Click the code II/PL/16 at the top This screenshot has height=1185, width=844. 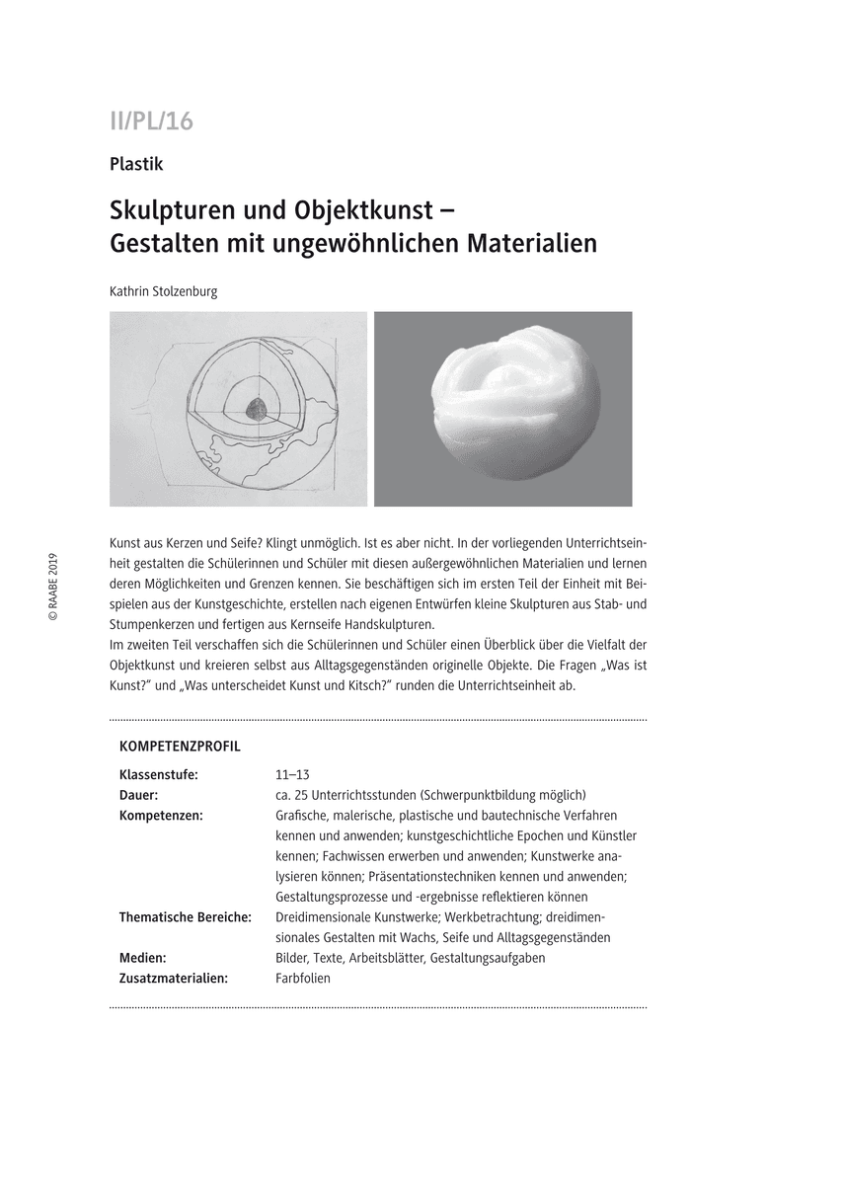click(151, 121)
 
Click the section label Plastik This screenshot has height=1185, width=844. click(136, 165)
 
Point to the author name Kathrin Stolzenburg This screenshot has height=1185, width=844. click(164, 291)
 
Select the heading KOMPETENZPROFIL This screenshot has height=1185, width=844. click(180, 747)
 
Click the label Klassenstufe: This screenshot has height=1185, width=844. click(158, 774)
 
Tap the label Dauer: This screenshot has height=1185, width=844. click(139, 795)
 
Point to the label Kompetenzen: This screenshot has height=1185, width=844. click(161, 816)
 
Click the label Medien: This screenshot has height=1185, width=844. click(142, 958)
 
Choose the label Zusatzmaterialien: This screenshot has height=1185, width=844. click(173, 979)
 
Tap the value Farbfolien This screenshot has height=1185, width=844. click(303, 979)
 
